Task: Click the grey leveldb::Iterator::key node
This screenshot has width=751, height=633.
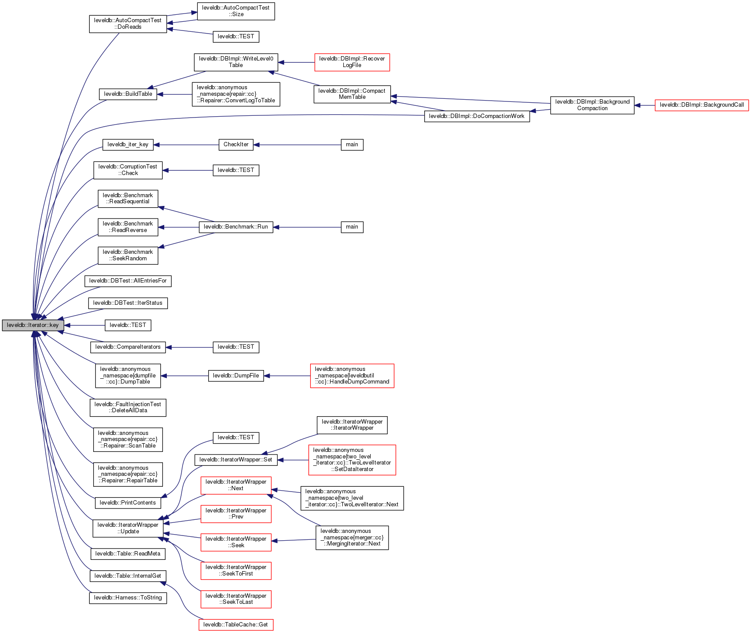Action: click(33, 325)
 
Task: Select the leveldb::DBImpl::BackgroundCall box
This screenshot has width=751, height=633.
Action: click(701, 105)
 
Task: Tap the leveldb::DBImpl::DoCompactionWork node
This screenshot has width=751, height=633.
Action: click(477, 116)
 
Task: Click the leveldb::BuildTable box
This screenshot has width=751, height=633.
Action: click(128, 94)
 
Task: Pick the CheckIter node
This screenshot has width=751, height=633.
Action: click(236, 145)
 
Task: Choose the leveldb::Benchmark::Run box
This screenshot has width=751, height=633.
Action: click(236, 227)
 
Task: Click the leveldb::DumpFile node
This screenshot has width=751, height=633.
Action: click(236, 376)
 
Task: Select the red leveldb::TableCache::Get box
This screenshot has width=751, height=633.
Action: click(236, 625)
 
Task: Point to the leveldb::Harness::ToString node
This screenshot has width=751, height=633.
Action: click(128, 598)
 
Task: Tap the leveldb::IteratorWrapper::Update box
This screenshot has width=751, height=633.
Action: click(128, 528)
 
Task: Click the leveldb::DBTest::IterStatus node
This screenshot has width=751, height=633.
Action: click(128, 303)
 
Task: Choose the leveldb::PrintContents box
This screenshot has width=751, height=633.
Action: click(128, 503)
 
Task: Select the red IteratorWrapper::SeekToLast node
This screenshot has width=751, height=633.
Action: click(236, 599)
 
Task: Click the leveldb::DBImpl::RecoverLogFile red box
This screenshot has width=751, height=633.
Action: click(352, 62)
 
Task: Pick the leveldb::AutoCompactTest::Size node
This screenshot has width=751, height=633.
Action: click(236, 11)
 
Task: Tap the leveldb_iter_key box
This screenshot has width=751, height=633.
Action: click(128, 145)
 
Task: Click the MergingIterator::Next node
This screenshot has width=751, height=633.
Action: click(352, 538)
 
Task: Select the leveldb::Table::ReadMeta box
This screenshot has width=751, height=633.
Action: click(128, 554)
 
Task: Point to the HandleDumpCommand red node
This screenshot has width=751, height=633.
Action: click(352, 376)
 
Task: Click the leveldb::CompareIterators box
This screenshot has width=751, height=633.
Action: click(128, 347)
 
